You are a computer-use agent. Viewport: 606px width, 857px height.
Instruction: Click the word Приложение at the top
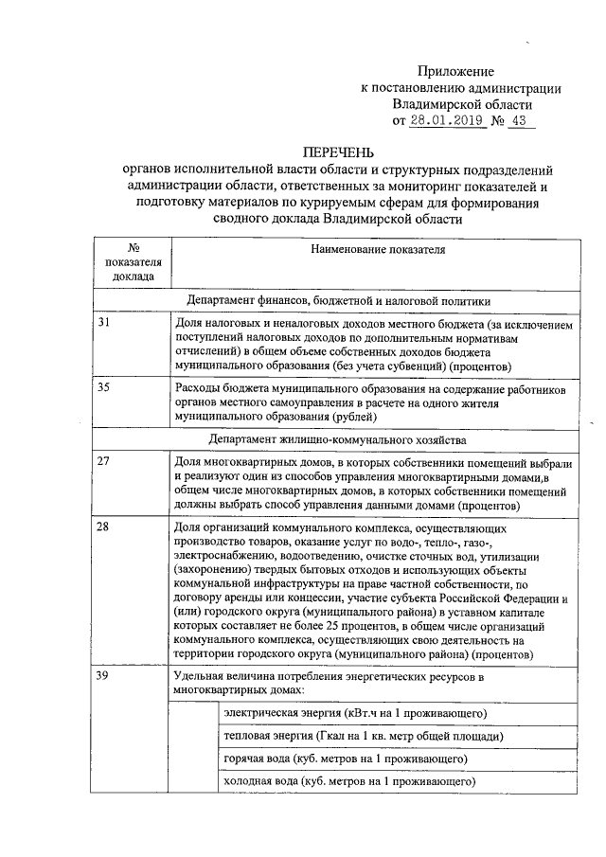[457, 71]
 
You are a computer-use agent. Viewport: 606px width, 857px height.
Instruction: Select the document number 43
[518, 121]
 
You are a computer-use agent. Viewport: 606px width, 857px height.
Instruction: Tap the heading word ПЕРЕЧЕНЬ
[338, 152]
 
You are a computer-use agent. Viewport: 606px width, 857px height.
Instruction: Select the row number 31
[105, 324]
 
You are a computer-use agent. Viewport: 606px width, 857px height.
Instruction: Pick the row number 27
[105, 461]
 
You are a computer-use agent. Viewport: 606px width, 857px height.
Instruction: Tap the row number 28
[105, 527]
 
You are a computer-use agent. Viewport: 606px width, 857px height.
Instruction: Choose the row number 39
[105, 676]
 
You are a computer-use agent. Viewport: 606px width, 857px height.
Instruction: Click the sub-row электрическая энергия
[354, 712]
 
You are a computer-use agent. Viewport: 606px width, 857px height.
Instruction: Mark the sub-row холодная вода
[347, 782]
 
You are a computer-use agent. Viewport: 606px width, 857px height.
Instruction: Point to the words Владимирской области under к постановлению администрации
[462, 104]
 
